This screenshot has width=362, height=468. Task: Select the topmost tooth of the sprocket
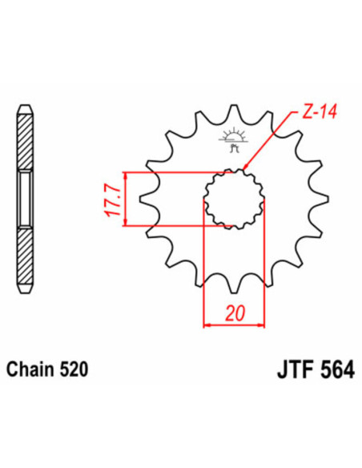(x=235, y=112)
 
